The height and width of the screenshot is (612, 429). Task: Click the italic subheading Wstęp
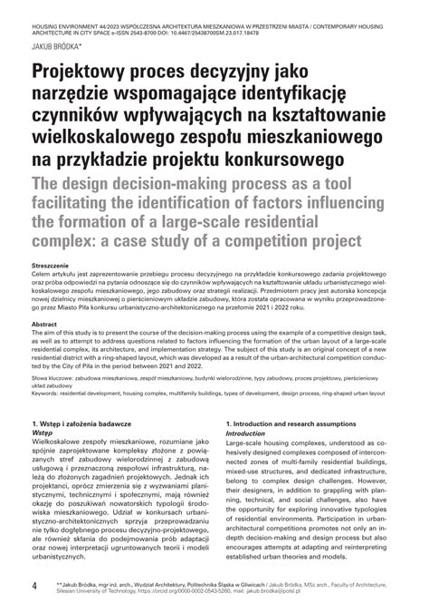click(x=43, y=433)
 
